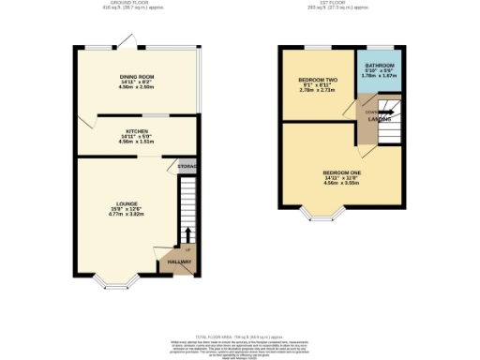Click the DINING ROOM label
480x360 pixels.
coord(136,76)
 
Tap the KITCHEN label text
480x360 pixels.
coord(138,131)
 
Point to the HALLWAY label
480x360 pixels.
coord(179,262)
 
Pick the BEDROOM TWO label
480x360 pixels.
coord(317,79)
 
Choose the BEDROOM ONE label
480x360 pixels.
coord(342,172)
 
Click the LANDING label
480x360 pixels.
coord(380,117)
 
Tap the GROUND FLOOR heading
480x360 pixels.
coord(136,5)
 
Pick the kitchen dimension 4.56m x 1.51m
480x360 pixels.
coord(138,142)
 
